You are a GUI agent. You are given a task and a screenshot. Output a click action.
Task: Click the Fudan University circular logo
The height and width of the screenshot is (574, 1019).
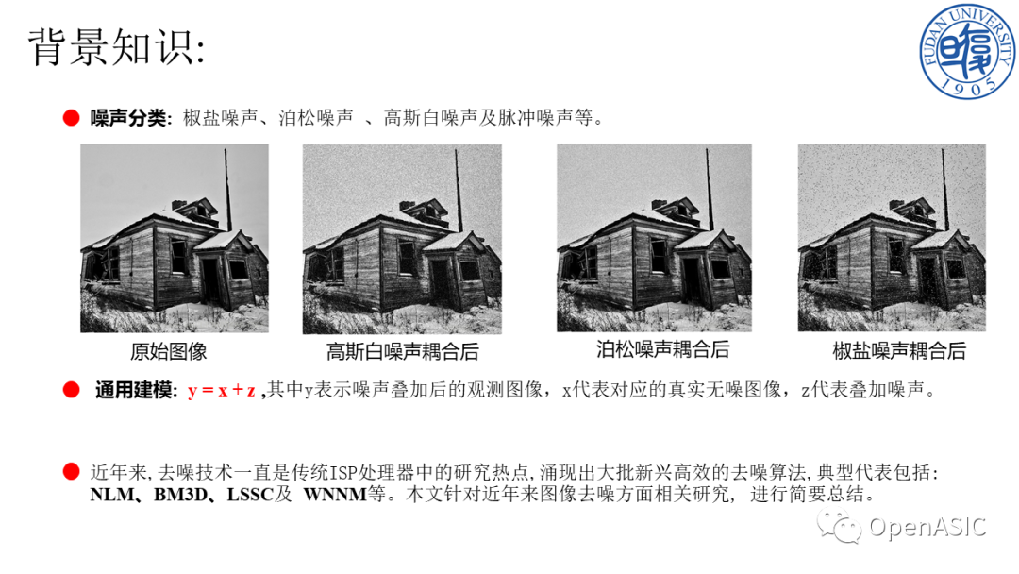click(x=968, y=51)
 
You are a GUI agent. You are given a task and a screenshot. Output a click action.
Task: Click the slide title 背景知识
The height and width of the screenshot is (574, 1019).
click(x=110, y=47)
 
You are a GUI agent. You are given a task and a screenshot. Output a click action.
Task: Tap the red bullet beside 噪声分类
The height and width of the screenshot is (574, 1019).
click(x=71, y=118)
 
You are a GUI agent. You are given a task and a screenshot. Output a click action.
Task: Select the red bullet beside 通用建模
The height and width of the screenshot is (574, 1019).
click(x=71, y=389)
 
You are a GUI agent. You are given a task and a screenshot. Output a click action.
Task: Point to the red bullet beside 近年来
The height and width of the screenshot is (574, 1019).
click(x=71, y=472)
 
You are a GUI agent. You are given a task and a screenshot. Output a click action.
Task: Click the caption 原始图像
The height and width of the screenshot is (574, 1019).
click(x=168, y=352)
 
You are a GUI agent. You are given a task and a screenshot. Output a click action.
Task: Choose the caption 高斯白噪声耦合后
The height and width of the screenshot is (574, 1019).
click(x=402, y=352)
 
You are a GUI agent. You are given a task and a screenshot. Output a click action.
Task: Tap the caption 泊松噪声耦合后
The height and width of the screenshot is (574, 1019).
click(x=663, y=349)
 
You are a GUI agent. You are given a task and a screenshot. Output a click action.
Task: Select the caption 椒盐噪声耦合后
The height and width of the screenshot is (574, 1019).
click(x=899, y=351)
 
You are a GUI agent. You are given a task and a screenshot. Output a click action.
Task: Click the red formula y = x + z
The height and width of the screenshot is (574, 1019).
click(x=221, y=390)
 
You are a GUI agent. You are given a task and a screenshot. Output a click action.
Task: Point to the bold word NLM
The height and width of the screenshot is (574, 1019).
click(x=112, y=495)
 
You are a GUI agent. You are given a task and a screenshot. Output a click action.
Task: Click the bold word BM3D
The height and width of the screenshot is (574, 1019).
click(x=180, y=495)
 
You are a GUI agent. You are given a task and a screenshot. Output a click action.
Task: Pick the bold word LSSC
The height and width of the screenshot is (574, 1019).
click(x=250, y=495)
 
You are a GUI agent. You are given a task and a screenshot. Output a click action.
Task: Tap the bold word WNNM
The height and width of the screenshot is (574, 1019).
click(x=335, y=495)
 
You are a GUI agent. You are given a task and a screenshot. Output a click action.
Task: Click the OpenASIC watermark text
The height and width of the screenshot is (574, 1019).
click(x=927, y=527)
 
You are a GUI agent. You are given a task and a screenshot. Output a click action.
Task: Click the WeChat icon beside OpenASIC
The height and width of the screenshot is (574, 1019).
click(x=840, y=526)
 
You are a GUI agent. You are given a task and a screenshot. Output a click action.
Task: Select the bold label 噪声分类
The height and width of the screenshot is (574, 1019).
click(x=128, y=118)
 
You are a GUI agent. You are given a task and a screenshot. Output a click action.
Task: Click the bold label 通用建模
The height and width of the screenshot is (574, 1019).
click(x=133, y=390)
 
